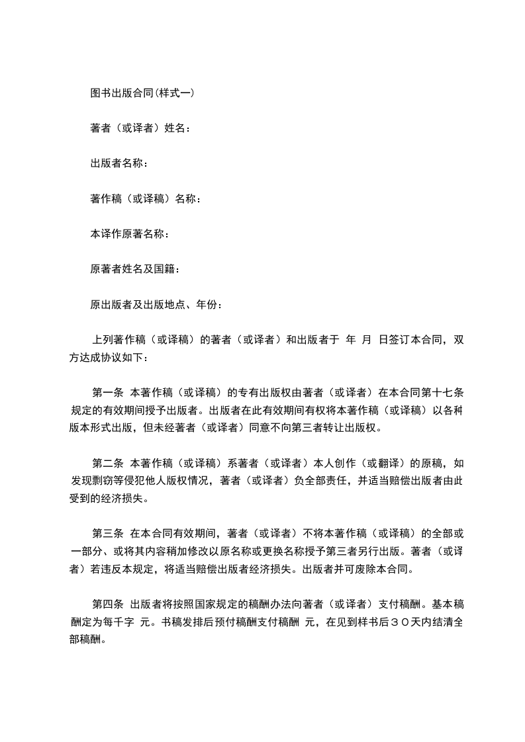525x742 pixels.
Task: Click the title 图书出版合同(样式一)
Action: pyautogui.click(x=142, y=93)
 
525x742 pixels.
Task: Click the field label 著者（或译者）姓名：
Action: pyautogui.click(x=140, y=128)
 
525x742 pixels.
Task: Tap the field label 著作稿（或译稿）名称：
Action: pyautogui.click(x=145, y=198)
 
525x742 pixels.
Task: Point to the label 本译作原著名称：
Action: pyautogui.click(x=129, y=234)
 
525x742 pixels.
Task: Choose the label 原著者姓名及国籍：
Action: pyautogui.click(x=134, y=269)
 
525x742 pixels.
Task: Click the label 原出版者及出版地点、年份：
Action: pyautogui.click(x=156, y=304)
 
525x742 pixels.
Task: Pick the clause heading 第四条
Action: pyautogui.click(x=106, y=604)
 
